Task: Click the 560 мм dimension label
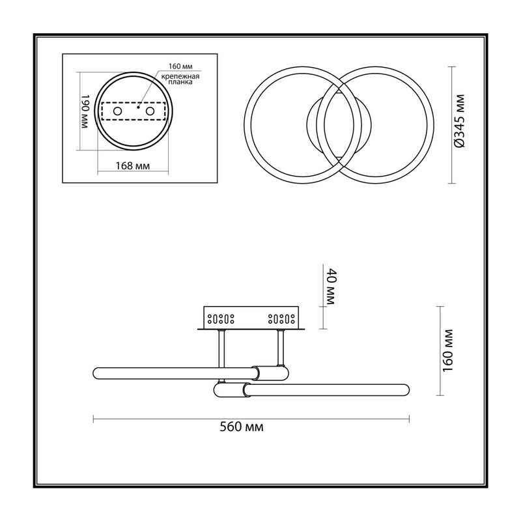(x=242, y=427)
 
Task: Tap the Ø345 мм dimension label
(x=460, y=121)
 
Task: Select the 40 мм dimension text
(x=331, y=287)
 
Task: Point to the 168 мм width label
(x=133, y=165)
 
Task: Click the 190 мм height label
(x=85, y=111)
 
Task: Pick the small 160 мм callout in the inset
(x=180, y=66)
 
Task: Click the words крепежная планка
(x=180, y=79)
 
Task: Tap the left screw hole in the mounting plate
(x=117, y=111)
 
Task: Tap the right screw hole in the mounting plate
(x=150, y=111)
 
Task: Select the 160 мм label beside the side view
(x=448, y=351)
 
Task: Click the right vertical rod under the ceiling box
(x=281, y=348)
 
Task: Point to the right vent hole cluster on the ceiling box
(x=281, y=319)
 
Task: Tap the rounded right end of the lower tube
(x=406, y=389)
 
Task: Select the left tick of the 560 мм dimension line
(x=93, y=419)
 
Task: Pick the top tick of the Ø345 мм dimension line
(x=451, y=67)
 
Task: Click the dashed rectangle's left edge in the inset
(x=102, y=111)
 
